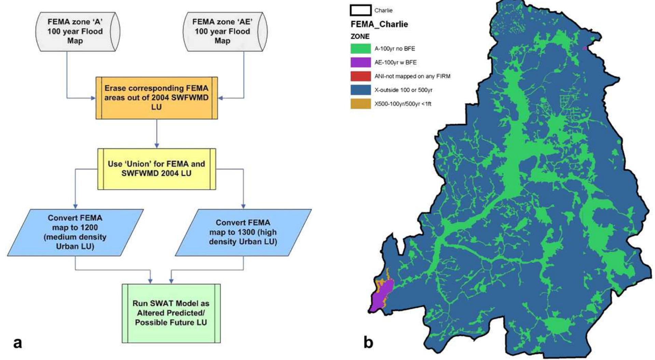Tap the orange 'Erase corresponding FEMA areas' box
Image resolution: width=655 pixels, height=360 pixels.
(x=156, y=98)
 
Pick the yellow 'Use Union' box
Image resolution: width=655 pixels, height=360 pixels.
(x=156, y=169)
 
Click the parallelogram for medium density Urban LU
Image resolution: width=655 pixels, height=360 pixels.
(x=75, y=232)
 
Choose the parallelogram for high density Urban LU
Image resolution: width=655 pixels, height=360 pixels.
(x=243, y=232)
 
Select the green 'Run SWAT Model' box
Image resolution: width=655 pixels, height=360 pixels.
(x=171, y=313)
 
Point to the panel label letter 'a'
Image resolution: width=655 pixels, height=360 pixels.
(x=17, y=342)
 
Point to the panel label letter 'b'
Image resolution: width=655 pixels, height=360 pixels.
(x=368, y=342)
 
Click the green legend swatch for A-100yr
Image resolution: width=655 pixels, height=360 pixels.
(x=360, y=49)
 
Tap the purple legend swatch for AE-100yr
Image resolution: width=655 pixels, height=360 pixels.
(x=360, y=62)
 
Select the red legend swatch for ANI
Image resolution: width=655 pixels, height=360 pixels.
(x=360, y=76)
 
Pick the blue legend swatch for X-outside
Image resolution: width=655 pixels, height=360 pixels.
(x=360, y=90)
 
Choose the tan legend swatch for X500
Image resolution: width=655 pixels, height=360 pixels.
(x=360, y=103)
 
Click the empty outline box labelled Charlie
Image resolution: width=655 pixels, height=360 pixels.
(x=360, y=10)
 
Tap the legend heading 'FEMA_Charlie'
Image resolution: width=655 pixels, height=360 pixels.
(x=379, y=24)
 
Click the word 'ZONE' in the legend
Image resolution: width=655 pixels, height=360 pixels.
(x=360, y=36)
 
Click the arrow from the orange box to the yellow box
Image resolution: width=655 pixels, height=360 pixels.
(x=156, y=134)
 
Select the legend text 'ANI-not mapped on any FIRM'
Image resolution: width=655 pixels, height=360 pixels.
(x=412, y=76)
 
